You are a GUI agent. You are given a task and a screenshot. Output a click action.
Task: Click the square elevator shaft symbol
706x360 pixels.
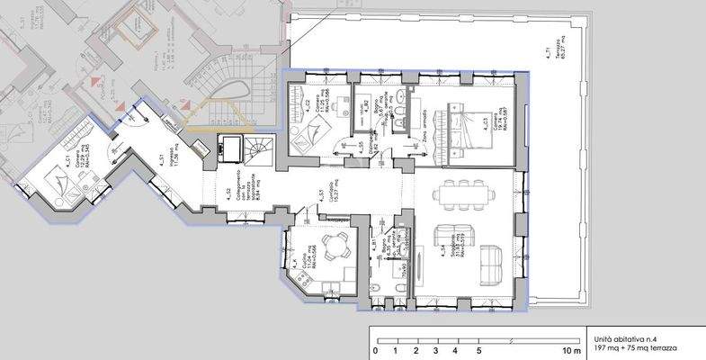click(x=228, y=147)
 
